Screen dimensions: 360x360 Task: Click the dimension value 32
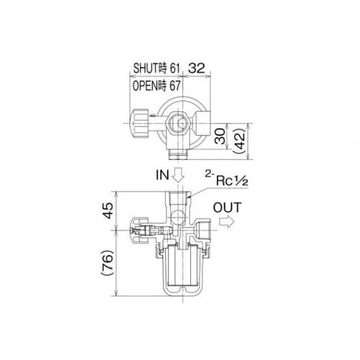(x=197, y=68)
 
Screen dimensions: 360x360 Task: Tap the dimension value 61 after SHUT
(x=175, y=68)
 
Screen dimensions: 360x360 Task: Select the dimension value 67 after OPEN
(x=175, y=86)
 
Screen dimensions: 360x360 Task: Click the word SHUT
(x=146, y=68)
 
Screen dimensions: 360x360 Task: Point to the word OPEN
(x=145, y=86)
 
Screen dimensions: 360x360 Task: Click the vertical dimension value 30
(x=220, y=136)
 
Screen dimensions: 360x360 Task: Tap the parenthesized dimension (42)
(x=240, y=141)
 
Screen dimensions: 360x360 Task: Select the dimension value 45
(x=108, y=211)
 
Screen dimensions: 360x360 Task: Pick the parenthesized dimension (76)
(x=107, y=263)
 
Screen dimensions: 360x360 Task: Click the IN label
(x=163, y=175)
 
